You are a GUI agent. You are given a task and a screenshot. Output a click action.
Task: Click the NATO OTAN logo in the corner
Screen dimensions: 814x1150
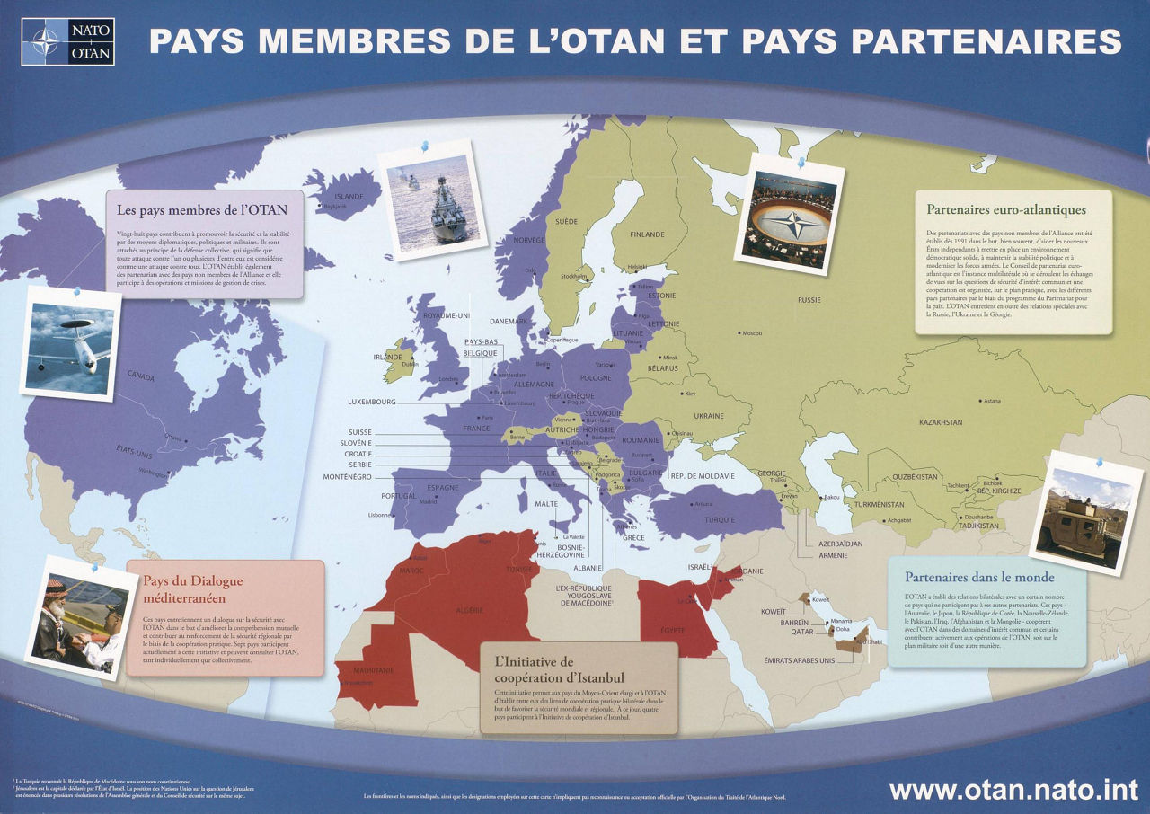click(69, 41)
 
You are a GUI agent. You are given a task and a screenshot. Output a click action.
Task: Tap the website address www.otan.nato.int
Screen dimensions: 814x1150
click(1014, 791)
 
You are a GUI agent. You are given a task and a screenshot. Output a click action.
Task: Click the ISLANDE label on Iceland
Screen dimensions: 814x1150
click(349, 197)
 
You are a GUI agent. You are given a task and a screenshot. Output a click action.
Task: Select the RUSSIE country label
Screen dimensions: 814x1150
click(809, 300)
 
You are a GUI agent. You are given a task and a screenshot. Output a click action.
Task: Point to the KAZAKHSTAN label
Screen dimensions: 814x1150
click(941, 421)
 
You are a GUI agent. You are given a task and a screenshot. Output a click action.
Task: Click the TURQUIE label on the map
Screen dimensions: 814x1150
click(719, 520)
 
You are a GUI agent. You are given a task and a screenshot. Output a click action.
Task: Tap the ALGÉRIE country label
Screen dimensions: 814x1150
click(470, 610)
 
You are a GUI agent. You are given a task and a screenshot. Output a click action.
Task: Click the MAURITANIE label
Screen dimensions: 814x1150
click(354, 670)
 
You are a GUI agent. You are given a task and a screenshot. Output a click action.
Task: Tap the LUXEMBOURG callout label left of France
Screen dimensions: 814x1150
click(371, 402)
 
